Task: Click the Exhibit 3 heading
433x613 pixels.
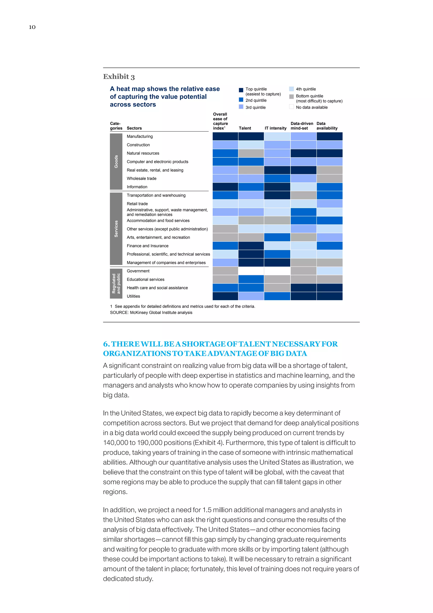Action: [x=119, y=77]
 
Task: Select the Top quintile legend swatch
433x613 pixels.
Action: [x=241, y=90]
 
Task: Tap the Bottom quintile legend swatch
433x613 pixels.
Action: [x=291, y=96]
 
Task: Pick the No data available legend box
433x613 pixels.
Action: [x=291, y=107]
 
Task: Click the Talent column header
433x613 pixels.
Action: [x=245, y=128]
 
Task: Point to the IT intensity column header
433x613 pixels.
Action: [x=275, y=128]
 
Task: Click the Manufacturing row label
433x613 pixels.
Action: [x=140, y=137]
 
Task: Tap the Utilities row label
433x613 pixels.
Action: [x=133, y=296]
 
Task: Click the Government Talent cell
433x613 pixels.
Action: [x=251, y=271]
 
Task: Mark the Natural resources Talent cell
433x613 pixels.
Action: [x=251, y=153]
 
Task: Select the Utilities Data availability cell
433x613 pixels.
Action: [x=330, y=296]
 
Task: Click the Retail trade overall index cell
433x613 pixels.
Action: [x=225, y=204]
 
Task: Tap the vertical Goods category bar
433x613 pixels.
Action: [x=116, y=162]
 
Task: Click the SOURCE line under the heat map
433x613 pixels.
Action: [x=151, y=312]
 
